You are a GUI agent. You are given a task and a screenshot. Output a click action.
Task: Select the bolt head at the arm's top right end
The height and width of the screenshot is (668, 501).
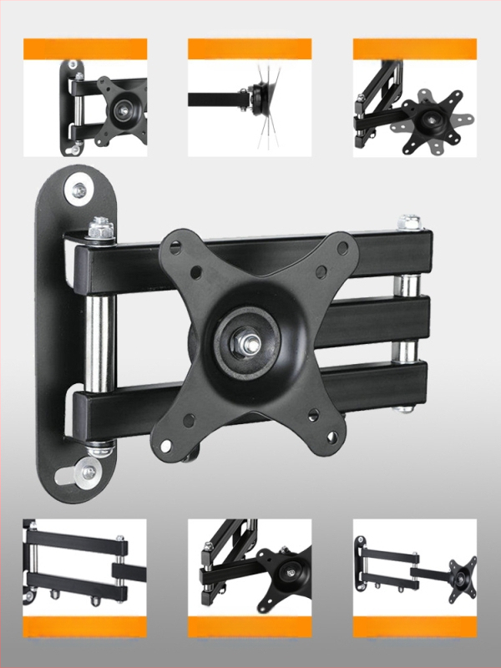[409, 223]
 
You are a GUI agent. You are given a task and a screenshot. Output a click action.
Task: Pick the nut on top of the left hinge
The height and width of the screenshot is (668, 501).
[99, 227]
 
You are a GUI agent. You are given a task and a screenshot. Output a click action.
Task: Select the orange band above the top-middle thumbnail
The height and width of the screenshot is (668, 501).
[250, 48]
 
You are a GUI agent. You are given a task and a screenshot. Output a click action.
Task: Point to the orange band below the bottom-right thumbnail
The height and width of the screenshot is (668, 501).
[415, 628]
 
